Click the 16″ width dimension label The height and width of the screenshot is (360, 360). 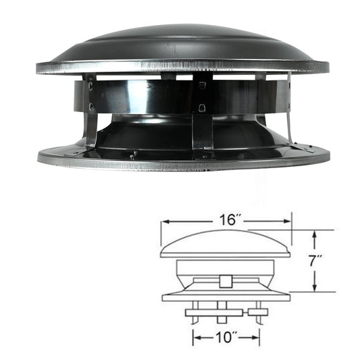226,220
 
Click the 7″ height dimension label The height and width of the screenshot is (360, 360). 316,260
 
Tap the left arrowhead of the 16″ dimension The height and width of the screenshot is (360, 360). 163,220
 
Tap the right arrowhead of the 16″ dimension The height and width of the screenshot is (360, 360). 288,220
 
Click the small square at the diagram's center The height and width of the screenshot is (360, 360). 226,281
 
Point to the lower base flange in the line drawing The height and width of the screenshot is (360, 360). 226,296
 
